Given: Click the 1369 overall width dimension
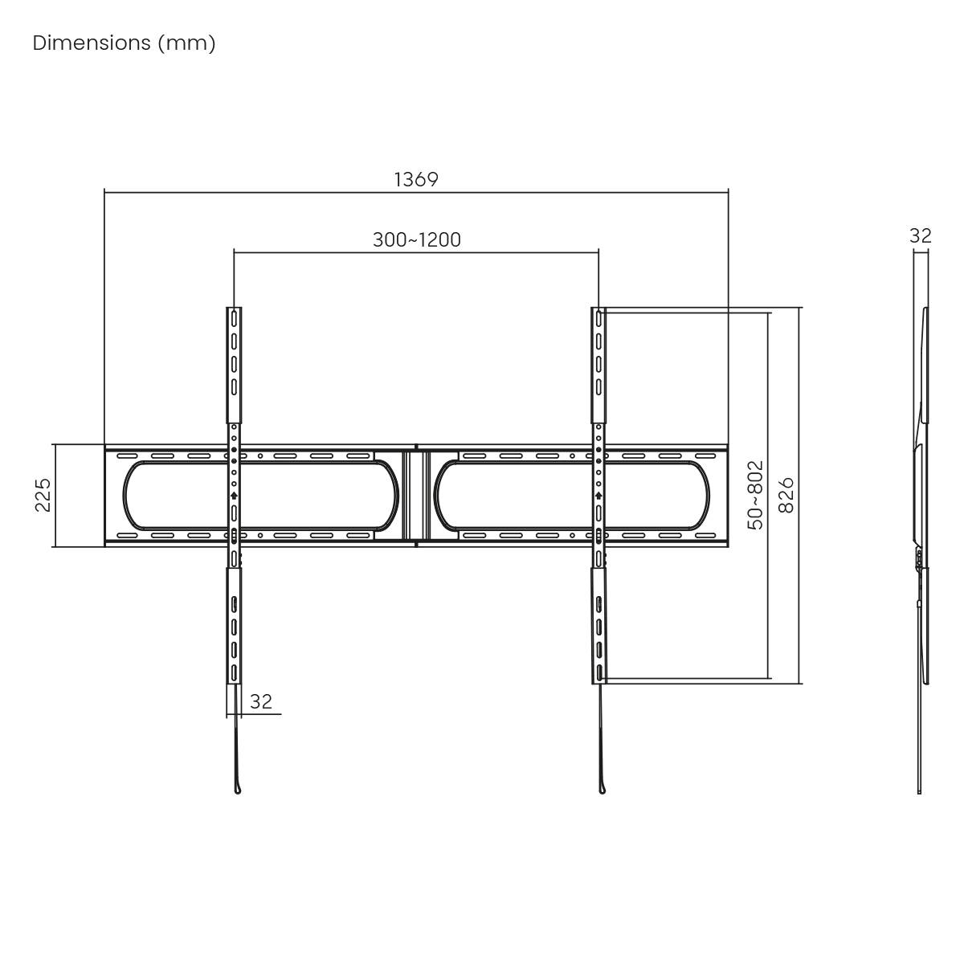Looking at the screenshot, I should click(x=416, y=179).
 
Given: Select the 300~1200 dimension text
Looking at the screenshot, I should click(x=416, y=239).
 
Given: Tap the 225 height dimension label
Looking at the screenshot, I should click(x=43, y=495).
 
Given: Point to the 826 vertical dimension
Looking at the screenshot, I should click(x=786, y=495).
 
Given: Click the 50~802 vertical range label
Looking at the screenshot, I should click(x=755, y=495).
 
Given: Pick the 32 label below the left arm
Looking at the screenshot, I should click(x=261, y=701).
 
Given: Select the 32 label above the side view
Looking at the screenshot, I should click(x=920, y=235).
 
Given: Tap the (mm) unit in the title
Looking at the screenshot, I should click(x=186, y=43).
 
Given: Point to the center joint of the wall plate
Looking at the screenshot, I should click(x=416, y=495).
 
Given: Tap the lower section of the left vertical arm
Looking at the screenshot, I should click(x=234, y=627).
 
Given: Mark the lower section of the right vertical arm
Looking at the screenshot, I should click(x=598, y=627).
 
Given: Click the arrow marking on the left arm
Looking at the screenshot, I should click(x=234, y=496).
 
